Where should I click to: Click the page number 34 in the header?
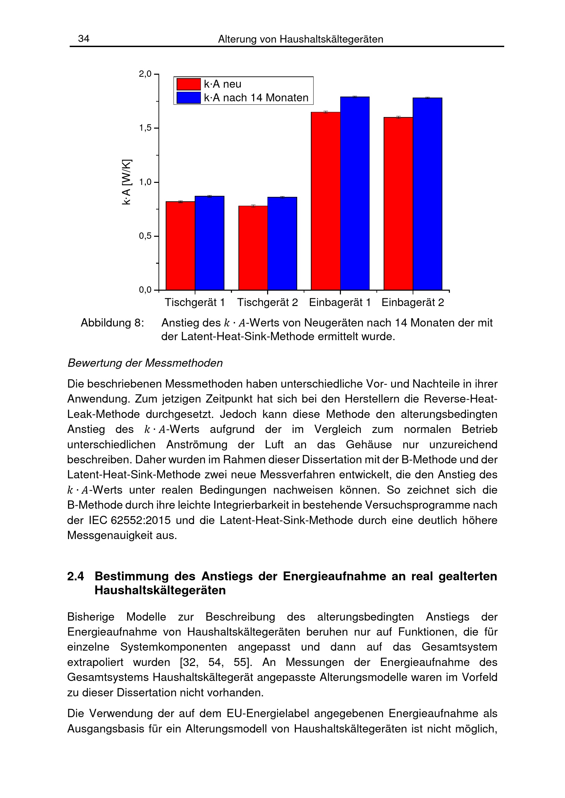[83, 39]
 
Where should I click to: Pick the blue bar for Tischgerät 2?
[282, 243]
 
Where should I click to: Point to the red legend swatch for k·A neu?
[189, 84]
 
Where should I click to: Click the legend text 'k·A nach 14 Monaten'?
[256, 98]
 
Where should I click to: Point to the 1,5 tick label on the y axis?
[145, 128]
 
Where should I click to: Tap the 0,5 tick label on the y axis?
[145, 236]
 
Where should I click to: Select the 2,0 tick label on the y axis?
[145, 74]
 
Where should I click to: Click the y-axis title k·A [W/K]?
[127, 182]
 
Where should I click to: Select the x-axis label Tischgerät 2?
[267, 302]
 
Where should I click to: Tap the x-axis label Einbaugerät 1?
[340, 302]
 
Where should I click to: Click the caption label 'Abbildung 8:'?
[112, 323]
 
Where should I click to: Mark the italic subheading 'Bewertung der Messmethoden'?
[145, 363]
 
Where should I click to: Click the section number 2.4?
[75, 576]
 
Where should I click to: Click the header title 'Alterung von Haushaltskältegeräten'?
[301, 39]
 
